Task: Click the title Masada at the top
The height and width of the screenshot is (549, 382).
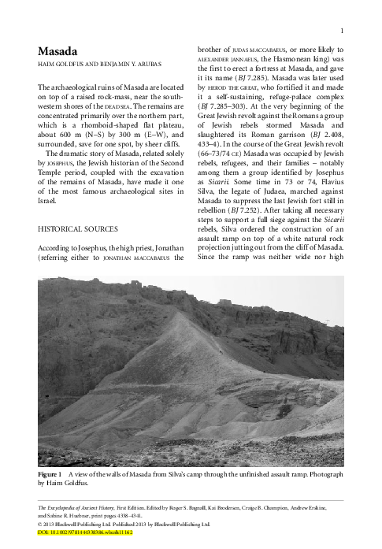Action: point(57,51)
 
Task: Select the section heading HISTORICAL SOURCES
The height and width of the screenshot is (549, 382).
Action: point(80,229)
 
